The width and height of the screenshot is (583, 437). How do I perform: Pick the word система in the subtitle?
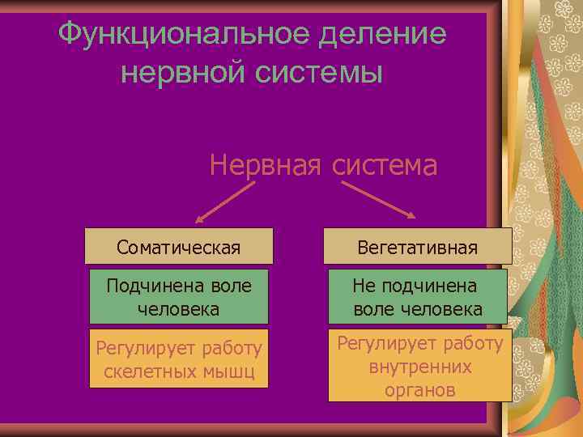pos(382,165)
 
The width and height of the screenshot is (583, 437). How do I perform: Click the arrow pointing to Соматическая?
pos(224,202)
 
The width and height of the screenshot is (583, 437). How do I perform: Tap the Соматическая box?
pos(178,246)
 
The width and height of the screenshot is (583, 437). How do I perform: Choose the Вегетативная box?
pos(418,246)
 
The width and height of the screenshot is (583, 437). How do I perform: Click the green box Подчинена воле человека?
pos(178,297)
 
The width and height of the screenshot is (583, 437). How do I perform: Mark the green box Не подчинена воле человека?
pos(418,297)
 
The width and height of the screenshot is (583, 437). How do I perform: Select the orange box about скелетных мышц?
pos(178,360)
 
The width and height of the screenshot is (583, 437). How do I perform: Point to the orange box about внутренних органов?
pos(419,366)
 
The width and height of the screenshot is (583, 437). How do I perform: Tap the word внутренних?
pos(419,367)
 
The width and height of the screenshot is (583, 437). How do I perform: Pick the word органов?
pos(419,389)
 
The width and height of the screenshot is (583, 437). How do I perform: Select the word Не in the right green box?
pos(364,286)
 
